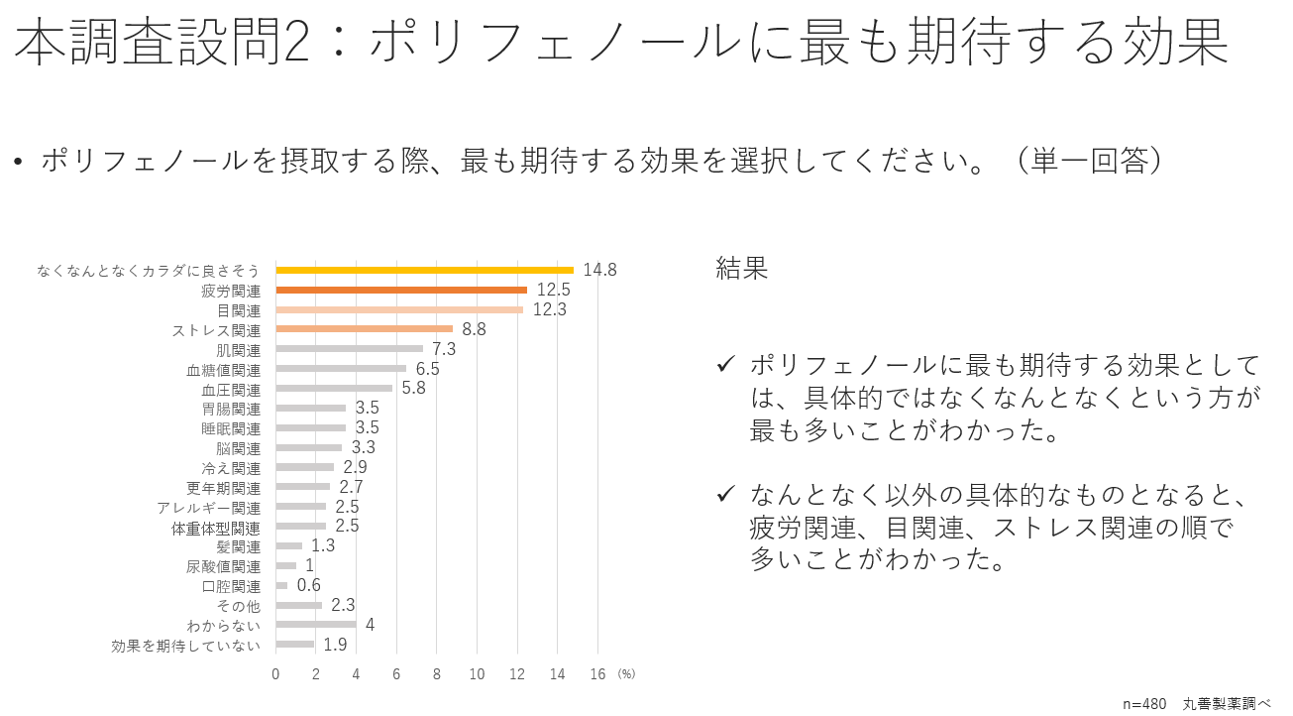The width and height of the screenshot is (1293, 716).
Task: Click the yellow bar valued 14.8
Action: point(424,270)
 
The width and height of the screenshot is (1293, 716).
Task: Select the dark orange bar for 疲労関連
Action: point(401,290)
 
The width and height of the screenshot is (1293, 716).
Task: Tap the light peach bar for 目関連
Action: point(399,309)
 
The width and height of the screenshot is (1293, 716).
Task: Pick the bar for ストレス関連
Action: point(364,329)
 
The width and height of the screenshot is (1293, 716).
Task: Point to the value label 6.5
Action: point(428,369)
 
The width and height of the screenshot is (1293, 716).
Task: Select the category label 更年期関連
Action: point(223,488)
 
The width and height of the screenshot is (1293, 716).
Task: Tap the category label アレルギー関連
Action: point(208,508)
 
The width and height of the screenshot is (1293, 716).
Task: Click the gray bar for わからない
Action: point(315,625)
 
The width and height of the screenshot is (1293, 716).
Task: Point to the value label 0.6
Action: point(309,585)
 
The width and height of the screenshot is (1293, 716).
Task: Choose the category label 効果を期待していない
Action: point(186,646)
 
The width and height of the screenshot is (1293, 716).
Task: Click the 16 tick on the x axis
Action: point(597,674)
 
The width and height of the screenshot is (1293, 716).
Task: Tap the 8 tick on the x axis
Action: point(436,674)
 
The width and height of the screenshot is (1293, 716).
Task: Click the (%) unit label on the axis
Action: point(626,673)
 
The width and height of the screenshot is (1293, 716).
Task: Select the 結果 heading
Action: point(741,269)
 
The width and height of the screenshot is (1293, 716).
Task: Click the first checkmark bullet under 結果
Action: point(725,365)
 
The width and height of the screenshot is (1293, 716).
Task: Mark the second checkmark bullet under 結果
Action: point(725,494)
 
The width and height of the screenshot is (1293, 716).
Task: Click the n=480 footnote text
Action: point(1144,703)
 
